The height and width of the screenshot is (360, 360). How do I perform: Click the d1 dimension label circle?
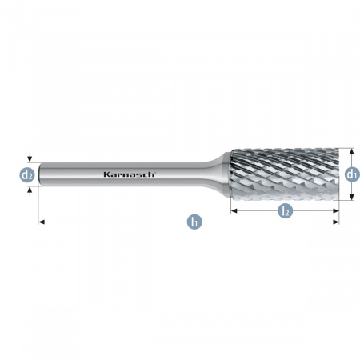pos(352,174)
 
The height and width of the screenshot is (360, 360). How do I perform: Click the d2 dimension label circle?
pos(27,175)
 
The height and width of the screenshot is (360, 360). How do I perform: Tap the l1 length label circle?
pos(194,222)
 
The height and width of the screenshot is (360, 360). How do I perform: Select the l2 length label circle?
pos(285,211)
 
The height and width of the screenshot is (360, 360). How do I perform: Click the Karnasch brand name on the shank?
pos(129,174)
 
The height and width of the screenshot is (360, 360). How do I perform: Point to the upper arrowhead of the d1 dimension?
pos(352,151)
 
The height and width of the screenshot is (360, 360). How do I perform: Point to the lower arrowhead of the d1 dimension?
pos(352,197)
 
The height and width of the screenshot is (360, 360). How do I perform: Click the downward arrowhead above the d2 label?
pos(30,159)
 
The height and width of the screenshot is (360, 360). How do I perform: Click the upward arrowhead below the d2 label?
pos(30,190)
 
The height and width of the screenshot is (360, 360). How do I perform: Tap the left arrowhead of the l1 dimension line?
pos(42,222)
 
